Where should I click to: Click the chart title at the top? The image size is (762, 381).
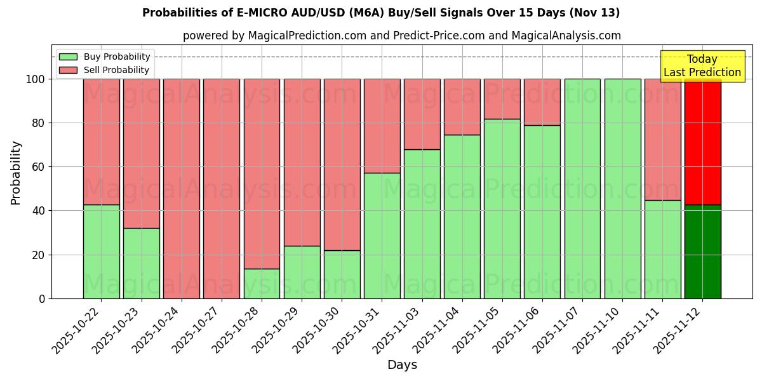[x=381, y=13]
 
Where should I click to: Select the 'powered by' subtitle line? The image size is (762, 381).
[x=401, y=36]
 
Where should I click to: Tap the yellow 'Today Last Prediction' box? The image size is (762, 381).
[x=702, y=66]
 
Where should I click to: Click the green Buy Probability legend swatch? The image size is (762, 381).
[x=68, y=57]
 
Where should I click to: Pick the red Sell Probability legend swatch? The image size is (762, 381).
[x=68, y=70]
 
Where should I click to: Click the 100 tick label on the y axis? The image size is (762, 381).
[x=35, y=79]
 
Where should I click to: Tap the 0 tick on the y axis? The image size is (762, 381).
[x=42, y=298]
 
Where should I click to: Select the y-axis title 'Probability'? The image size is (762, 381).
[x=16, y=173]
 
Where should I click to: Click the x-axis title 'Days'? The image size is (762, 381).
[x=402, y=365]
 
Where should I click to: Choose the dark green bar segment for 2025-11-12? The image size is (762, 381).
[x=702, y=251]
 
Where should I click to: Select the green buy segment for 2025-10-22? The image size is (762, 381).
[x=101, y=251]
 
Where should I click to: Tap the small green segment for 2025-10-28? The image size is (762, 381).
[x=262, y=283]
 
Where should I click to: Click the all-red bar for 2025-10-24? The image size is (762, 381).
[x=182, y=189]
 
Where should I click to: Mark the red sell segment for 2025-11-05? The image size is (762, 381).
[x=502, y=99]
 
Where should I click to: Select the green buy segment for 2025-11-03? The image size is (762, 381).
[x=422, y=224]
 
